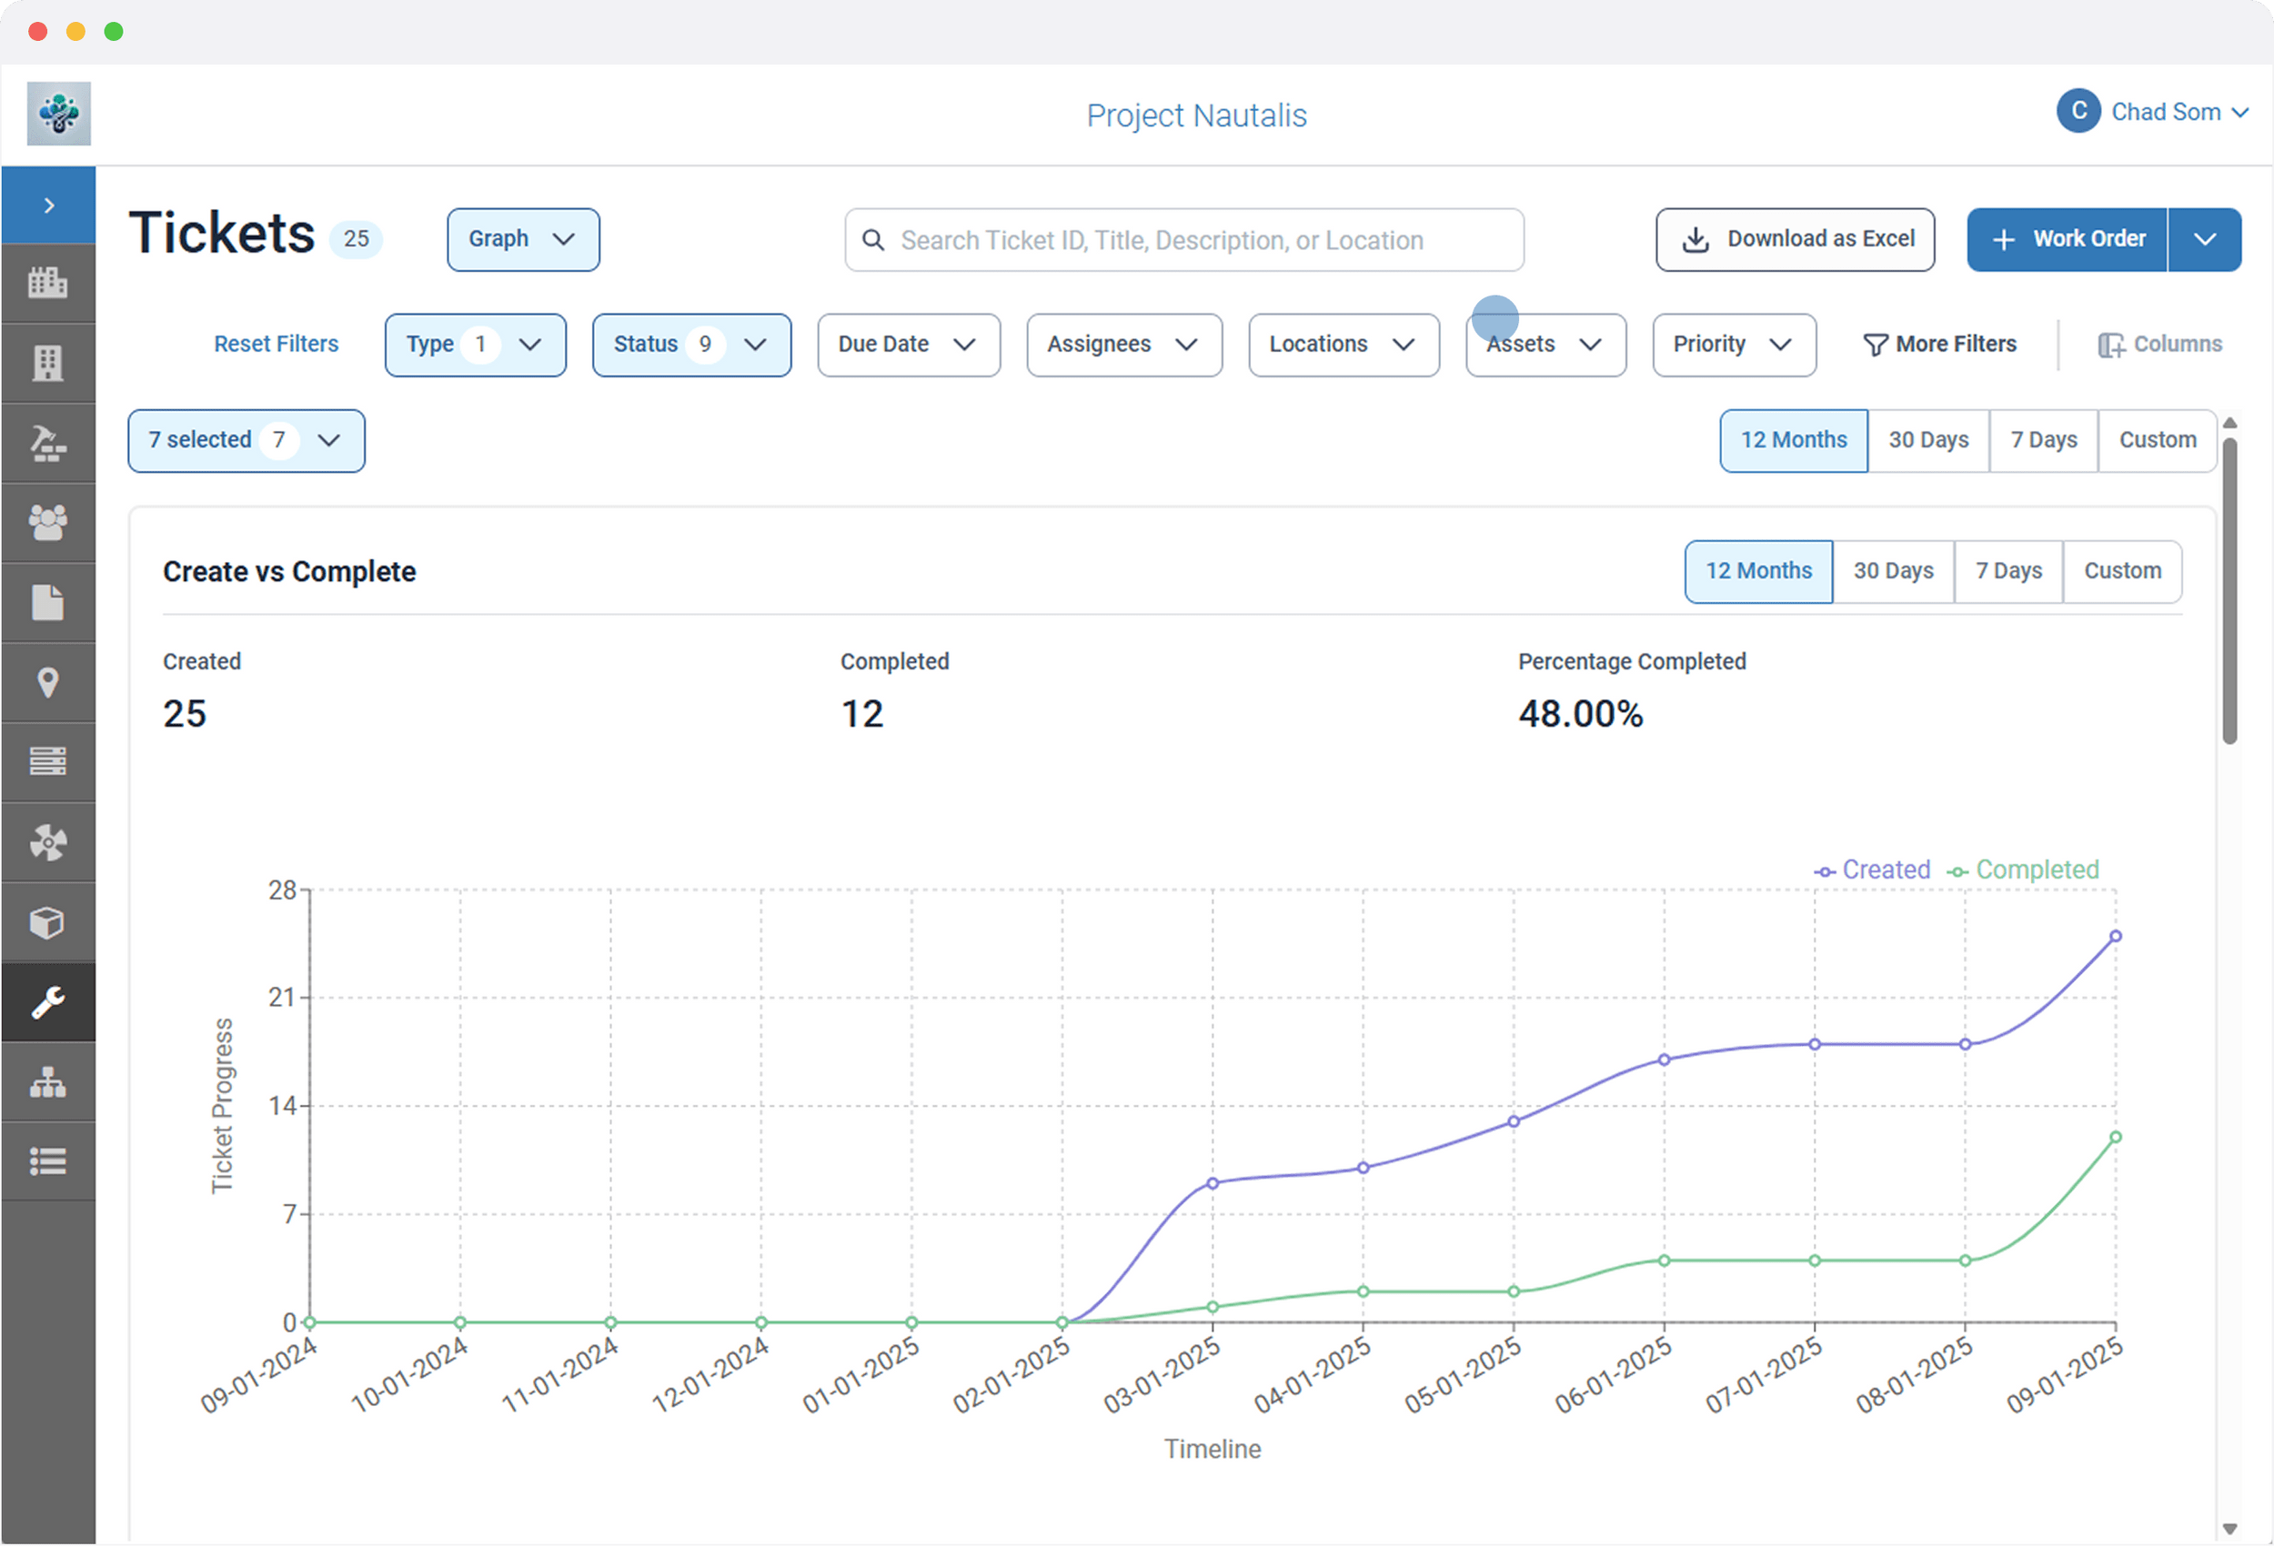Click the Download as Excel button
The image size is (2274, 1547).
pos(1795,239)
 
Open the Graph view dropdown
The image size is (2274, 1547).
pos(522,239)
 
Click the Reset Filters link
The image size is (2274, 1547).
pos(276,345)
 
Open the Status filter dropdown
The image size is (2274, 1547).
pos(690,345)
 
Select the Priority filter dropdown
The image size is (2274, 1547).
pos(1734,345)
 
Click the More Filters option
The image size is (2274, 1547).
pos(1940,345)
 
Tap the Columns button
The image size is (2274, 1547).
pos(2159,345)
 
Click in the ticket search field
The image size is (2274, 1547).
pos(1184,240)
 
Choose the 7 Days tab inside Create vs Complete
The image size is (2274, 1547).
pos(2007,570)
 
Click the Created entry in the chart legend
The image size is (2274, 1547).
pos(1874,869)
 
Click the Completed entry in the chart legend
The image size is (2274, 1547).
pos(2025,869)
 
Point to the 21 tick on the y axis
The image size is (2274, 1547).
pos(282,997)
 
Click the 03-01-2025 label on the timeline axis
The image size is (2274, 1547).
pos(1162,1376)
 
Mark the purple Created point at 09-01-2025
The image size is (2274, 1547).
pos(2116,937)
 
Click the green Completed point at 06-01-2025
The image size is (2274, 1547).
pos(1665,1261)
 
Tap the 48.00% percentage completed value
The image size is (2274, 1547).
pos(1580,714)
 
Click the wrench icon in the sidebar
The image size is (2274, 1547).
pos(48,1002)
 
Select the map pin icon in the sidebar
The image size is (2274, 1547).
pos(48,682)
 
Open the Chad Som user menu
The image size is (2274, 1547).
pos(2152,113)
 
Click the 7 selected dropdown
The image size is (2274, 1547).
pos(246,440)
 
